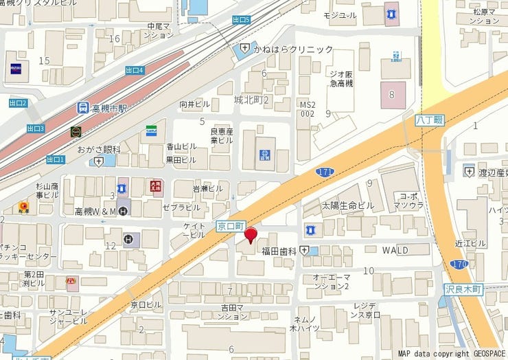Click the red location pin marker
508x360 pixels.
click(251, 234)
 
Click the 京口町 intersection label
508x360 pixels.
click(231, 225)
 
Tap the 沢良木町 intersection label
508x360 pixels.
click(464, 290)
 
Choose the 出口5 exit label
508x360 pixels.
click(241, 20)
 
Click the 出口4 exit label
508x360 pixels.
click(135, 70)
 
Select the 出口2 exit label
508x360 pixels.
click(18, 103)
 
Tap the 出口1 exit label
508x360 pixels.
click(56, 159)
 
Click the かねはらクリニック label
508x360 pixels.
click(292, 49)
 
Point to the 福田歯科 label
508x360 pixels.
click(278, 251)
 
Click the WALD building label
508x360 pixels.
click(395, 249)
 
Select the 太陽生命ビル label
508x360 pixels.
click(347, 205)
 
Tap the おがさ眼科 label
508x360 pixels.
click(98, 149)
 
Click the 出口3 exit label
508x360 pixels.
click(36, 128)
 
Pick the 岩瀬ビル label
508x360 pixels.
click(207, 188)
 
